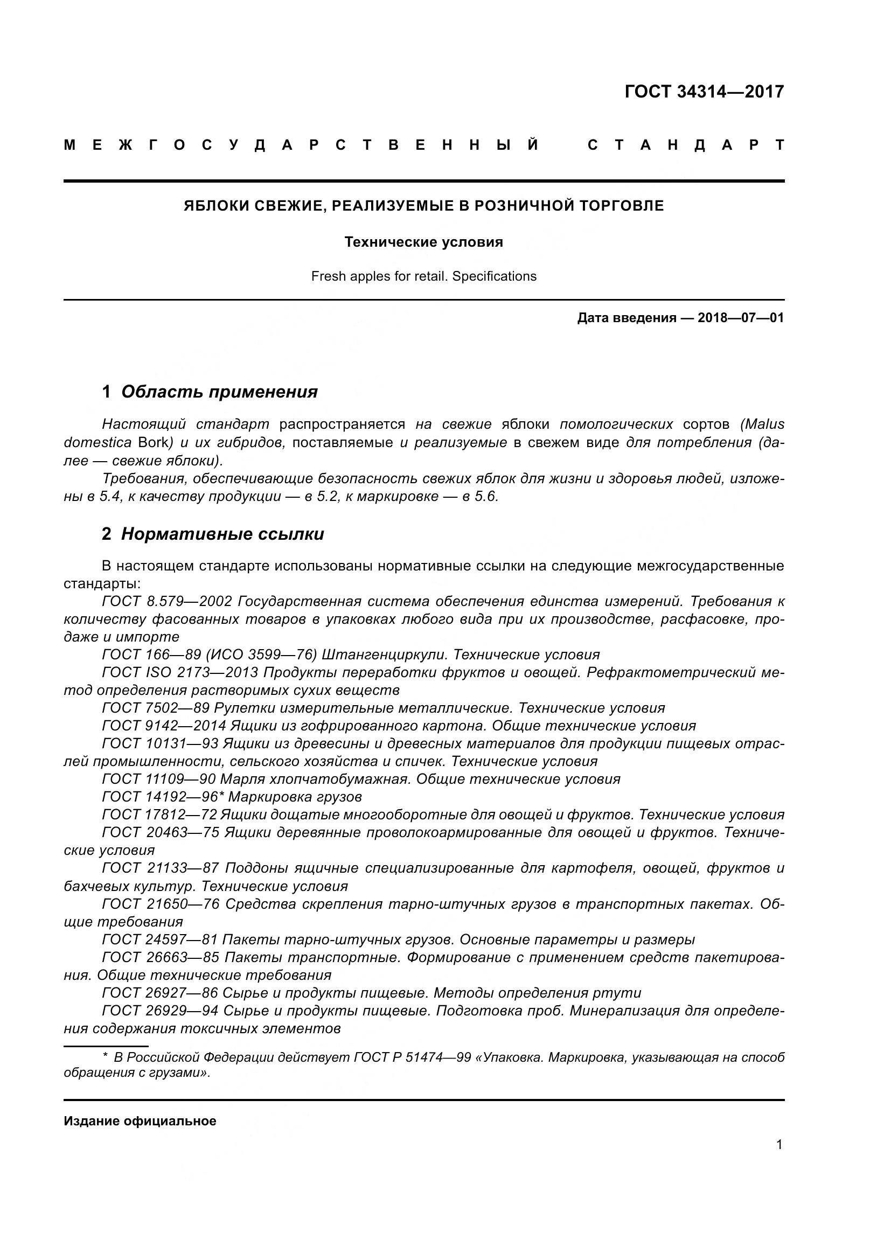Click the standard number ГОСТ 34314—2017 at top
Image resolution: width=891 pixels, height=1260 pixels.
(704, 92)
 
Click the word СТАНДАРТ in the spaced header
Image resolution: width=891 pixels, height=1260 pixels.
(686, 145)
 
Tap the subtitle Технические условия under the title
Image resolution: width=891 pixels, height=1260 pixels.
(423, 242)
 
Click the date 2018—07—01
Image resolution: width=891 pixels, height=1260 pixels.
(741, 318)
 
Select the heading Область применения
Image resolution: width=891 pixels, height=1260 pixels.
(219, 392)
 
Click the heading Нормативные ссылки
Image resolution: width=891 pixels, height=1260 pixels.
(222, 534)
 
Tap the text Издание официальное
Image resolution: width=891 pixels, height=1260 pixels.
(140, 1121)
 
